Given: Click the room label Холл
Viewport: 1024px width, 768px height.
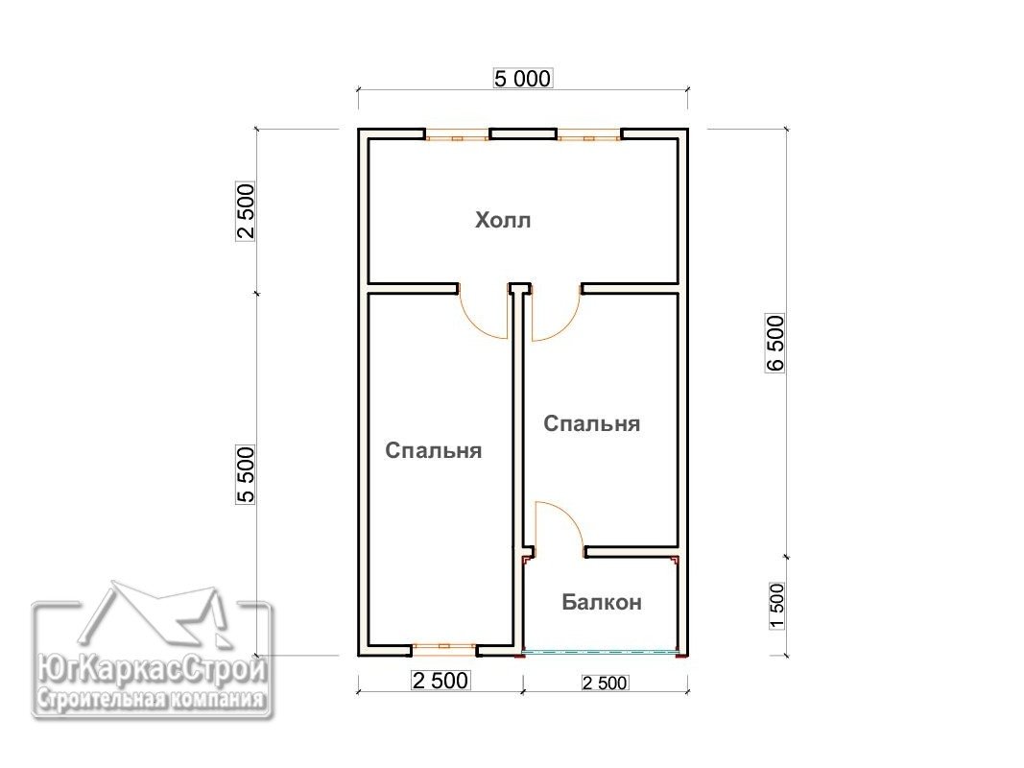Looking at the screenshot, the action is coord(502,220).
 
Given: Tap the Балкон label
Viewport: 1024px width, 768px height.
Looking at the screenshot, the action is coord(602,602).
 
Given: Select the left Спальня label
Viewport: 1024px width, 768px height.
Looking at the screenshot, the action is coord(433,450).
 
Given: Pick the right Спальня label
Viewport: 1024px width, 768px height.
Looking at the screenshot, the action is coord(592,423).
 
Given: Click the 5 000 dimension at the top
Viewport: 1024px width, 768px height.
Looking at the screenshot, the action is coord(522,79).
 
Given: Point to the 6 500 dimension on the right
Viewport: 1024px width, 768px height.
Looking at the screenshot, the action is coord(775,344).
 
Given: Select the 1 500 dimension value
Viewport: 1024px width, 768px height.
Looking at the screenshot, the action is coord(776,606).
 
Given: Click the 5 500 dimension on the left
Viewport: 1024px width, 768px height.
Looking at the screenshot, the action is coord(246,475).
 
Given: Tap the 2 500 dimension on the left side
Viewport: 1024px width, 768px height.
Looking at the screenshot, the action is coord(246,211).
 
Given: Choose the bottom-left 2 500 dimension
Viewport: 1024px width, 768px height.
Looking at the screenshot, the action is coord(441,681).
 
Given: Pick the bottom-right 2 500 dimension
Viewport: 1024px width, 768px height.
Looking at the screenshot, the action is coord(605,684).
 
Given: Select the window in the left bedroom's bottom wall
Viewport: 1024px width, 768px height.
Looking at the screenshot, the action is coord(444,649).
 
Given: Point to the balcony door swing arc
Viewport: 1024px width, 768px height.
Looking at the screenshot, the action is coord(569,515).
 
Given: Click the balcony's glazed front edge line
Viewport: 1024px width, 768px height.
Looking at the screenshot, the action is coord(601,651).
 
